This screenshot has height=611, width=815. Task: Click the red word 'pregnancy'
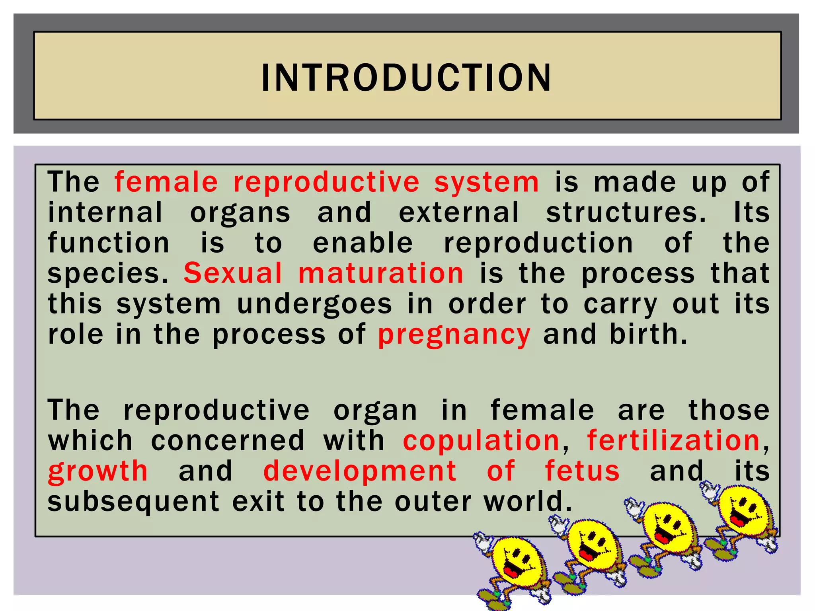coord(454,335)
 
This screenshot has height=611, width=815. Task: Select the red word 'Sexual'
coord(233,274)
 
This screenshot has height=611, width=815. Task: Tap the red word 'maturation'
coord(381,274)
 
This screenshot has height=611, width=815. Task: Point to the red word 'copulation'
coord(482,441)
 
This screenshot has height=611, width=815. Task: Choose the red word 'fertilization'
coord(674,441)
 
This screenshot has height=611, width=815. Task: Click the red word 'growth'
coord(98,471)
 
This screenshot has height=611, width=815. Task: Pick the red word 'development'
coord(360,471)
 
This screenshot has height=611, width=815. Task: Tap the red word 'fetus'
coord(582,471)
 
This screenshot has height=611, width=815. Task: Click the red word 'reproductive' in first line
coord(326,183)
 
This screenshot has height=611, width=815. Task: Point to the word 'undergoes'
coord(314,304)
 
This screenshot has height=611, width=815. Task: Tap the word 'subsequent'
coord(133,502)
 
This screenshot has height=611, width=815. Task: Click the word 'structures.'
coord(626,213)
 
